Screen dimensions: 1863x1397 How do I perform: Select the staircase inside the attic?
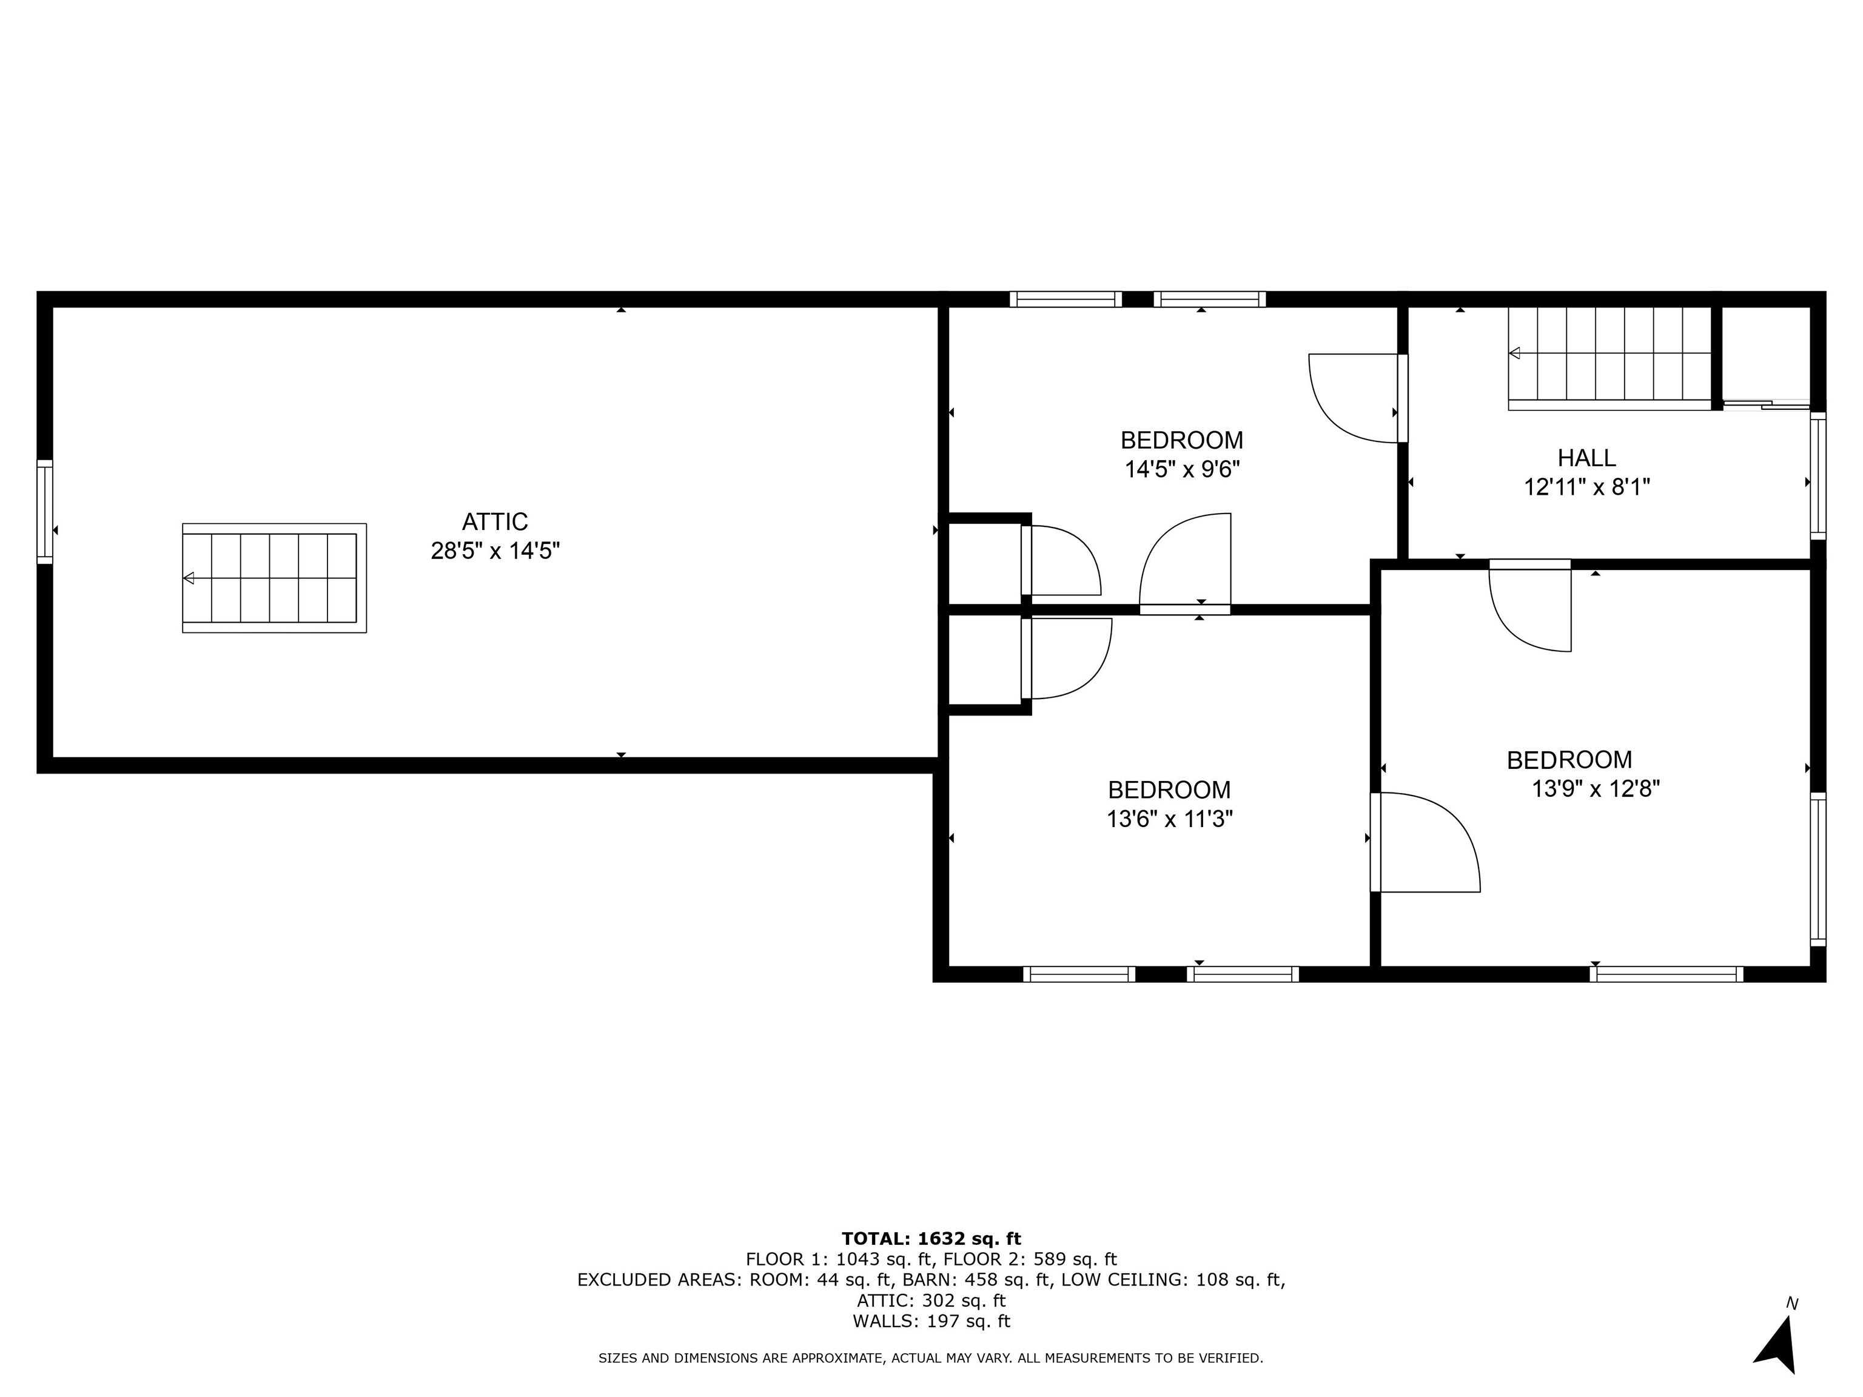[x=275, y=578]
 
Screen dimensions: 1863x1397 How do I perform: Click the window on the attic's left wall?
[x=45, y=512]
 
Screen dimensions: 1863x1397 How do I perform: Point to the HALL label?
[x=1586, y=458]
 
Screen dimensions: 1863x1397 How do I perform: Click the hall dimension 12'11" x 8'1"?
[x=1586, y=487]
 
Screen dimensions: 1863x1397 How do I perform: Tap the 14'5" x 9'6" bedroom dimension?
[x=1183, y=469]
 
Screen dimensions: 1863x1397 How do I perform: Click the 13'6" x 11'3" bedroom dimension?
[x=1170, y=819]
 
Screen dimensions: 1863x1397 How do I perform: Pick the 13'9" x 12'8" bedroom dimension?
[x=1596, y=789]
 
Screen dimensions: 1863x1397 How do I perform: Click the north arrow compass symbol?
[x=1777, y=1345]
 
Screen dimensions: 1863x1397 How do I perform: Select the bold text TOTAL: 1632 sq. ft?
[x=931, y=1239]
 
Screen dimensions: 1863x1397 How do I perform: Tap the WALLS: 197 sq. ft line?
[x=931, y=1321]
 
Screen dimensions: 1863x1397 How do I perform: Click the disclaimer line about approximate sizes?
[x=931, y=1358]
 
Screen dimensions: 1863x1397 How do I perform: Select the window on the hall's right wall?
[x=1818, y=476]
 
